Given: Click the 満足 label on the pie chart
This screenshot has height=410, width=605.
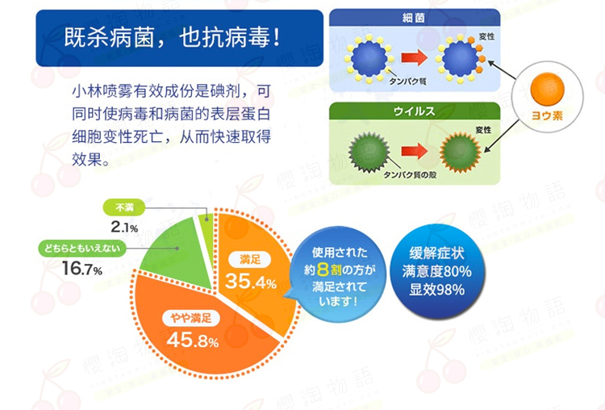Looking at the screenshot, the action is click(249, 259).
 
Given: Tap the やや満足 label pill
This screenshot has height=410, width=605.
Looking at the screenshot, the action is click(191, 318).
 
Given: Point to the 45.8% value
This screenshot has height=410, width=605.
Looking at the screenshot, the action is click(193, 340).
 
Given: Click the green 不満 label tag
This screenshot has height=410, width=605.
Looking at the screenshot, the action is click(124, 207).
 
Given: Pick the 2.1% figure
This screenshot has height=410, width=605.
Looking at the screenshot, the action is click(124, 227).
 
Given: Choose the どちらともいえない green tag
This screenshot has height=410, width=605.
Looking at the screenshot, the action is click(81, 249).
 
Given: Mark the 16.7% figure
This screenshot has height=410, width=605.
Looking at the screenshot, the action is click(81, 268).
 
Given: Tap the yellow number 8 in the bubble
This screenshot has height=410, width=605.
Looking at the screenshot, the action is click(323, 270).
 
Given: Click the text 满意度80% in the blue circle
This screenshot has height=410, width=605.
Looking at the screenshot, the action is click(436, 271).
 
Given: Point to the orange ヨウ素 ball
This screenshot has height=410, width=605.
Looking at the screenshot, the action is click(547, 89).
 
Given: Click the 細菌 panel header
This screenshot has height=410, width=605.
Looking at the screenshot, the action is click(415, 18).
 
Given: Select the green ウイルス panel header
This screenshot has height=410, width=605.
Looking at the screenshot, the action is click(415, 111).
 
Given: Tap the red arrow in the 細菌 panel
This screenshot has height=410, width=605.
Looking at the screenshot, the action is click(415, 58).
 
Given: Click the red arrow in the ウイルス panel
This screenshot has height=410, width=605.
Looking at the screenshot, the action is click(415, 151).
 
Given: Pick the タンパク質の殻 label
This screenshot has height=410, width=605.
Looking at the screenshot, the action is click(410, 175).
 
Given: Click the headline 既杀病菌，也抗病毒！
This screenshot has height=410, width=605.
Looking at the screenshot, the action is click(172, 37).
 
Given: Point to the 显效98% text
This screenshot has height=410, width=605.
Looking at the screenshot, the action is click(436, 290).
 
